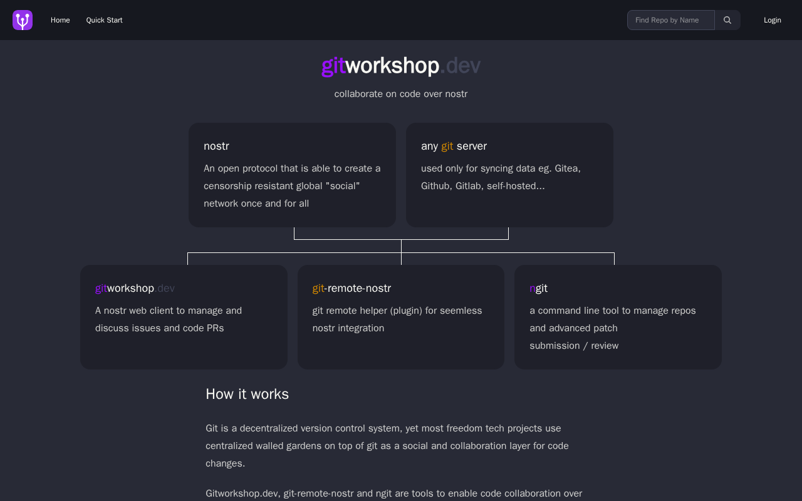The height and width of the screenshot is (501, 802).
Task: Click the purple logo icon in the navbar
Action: click(x=23, y=20)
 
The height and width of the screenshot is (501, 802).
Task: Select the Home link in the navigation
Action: click(x=60, y=20)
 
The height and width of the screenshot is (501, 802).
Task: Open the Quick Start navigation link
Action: click(x=104, y=20)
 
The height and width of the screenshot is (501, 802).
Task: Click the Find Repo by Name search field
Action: click(x=671, y=20)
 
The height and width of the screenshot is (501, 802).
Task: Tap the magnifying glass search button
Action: click(x=727, y=20)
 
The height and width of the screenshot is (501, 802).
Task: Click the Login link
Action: click(x=773, y=20)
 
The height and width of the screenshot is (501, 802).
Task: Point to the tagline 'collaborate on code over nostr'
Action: click(x=400, y=94)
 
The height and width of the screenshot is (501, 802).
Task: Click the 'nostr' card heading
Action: click(x=216, y=146)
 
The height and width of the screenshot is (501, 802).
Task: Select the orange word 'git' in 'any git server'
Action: click(x=447, y=147)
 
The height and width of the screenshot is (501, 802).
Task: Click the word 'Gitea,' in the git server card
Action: click(x=568, y=168)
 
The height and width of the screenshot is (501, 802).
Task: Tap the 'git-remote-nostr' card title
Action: click(x=352, y=288)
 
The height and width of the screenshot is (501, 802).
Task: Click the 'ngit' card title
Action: click(x=538, y=289)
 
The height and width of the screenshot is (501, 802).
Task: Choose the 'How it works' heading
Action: click(x=247, y=394)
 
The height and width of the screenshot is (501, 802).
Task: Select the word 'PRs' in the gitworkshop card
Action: click(x=215, y=328)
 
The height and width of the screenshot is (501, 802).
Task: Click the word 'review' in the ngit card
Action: click(x=605, y=346)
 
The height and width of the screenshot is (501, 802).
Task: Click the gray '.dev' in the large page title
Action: click(x=460, y=66)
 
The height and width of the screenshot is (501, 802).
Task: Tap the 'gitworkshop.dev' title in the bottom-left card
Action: click(x=135, y=289)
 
